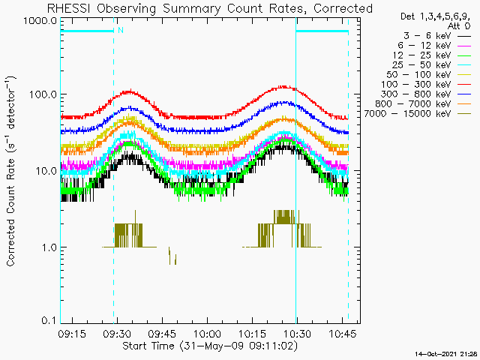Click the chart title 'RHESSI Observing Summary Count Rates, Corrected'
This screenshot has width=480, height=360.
tap(210, 8)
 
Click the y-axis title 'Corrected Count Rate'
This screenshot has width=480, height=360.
tap(13, 171)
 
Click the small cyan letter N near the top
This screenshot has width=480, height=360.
tap(120, 30)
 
